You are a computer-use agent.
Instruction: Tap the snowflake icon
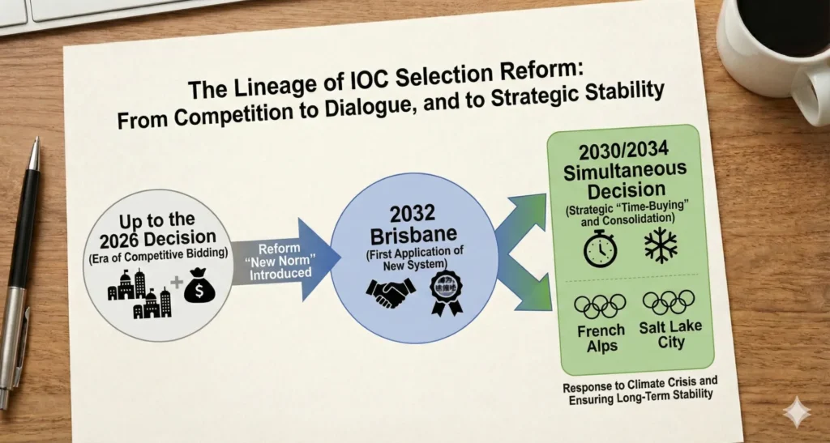(x=661, y=245)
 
